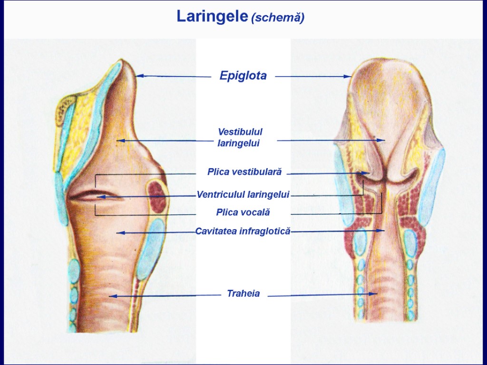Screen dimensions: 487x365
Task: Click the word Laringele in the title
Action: pyautogui.click(x=212, y=17)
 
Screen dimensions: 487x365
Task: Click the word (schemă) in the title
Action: pyautogui.click(x=278, y=18)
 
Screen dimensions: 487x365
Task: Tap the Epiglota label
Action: pyautogui.click(x=243, y=76)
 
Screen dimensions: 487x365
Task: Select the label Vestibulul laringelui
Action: pyautogui.click(x=240, y=137)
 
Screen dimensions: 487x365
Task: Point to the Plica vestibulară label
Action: pyautogui.click(x=244, y=172)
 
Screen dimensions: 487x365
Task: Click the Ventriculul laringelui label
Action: pyautogui.click(x=243, y=194)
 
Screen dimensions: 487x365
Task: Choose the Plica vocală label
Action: pyautogui.click(x=243, y=212)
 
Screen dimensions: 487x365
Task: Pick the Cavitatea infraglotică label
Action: pyautogui.click(x=243, y=231)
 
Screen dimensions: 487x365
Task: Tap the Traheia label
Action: pyautogui.click(x=243, y=294)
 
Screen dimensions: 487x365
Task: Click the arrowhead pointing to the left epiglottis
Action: pyautogui.click(x=139, y=76)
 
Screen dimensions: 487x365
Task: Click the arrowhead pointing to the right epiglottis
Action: pyautogui.click(x=348, y=76)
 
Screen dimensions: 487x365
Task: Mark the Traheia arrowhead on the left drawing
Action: pyautogui.click(x=113, y=296)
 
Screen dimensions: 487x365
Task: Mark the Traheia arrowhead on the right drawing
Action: pyautogui.click(x=374, y=294)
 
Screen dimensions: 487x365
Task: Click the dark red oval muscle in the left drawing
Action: pyautogui.click(x=156, y=195)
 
